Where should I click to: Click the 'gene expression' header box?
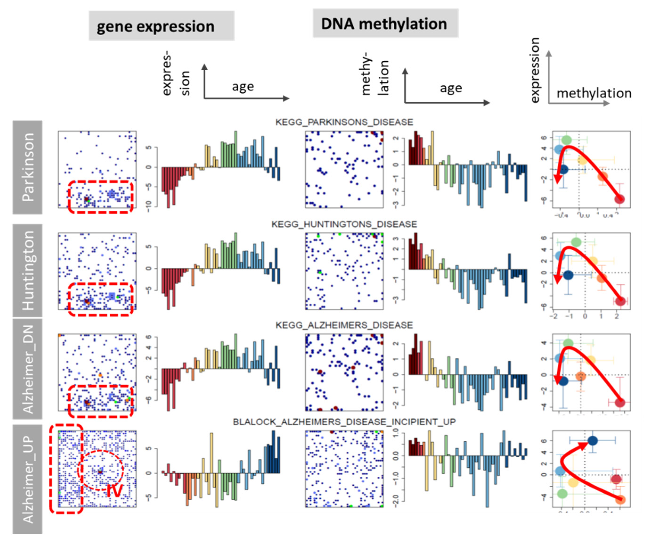pos(161,26)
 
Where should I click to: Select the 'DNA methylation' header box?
pos(385,24)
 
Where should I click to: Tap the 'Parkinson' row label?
pos(28,167)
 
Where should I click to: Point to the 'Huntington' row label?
pos(28,270)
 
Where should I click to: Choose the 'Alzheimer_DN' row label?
pos(28,369)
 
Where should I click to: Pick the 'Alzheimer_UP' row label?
pos(28,479)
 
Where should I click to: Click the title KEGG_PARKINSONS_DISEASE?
pos(344,122)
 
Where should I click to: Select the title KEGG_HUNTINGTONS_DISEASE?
pos(344,224)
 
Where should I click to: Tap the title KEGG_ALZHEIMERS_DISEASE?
pos(344,325)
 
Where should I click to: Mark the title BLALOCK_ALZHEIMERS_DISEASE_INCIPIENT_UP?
pos(344,422)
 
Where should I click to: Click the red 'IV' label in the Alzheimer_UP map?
pos(114,490)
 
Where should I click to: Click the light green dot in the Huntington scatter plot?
pos(576,242)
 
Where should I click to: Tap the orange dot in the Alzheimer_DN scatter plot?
pos(581,376)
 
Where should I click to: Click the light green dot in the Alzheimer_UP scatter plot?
pos(562,494)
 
